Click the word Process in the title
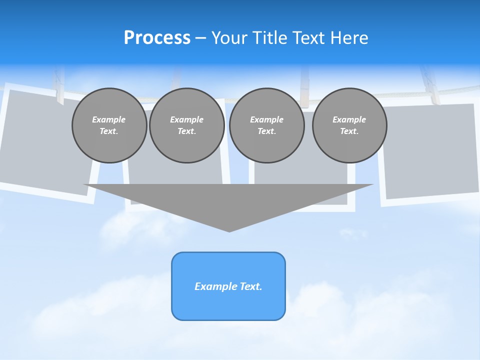pos(157,38)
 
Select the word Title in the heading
pos(271,38)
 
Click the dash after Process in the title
pos(200,39)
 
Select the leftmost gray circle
pos(109,125)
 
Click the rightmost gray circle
pos(349,125)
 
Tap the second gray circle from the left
pos(187,125)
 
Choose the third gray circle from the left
pos(267,125)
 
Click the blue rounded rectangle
pos(228,286)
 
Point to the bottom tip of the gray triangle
pos(229,230)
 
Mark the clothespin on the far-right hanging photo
pos(429,85)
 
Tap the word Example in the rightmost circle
pos(349,119)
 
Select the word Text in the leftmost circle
pos(108,131)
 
